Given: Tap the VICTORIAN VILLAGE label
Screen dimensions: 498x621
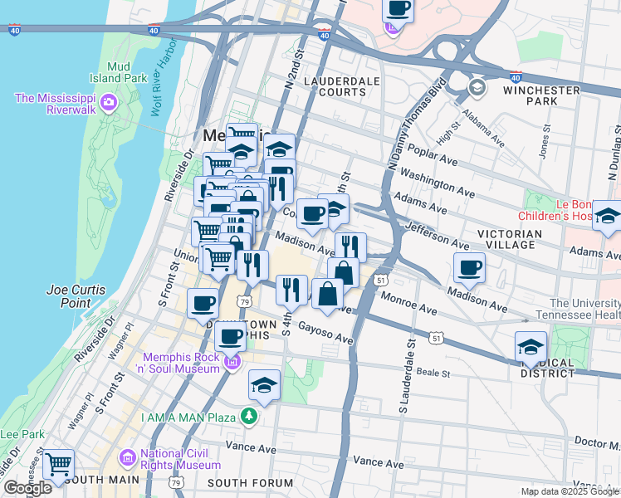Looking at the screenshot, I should [521, 241].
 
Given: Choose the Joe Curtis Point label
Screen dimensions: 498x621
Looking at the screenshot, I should [81, 296].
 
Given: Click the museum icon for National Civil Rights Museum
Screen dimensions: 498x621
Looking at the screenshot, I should [127, 457].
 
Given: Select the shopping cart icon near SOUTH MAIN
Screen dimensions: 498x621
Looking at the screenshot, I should [57, 464].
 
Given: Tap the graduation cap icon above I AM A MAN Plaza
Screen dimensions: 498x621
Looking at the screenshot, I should [264, 384].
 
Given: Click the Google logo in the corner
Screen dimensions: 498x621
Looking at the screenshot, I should [27, 487].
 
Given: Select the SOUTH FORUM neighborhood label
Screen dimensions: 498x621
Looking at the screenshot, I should [241, 482].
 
